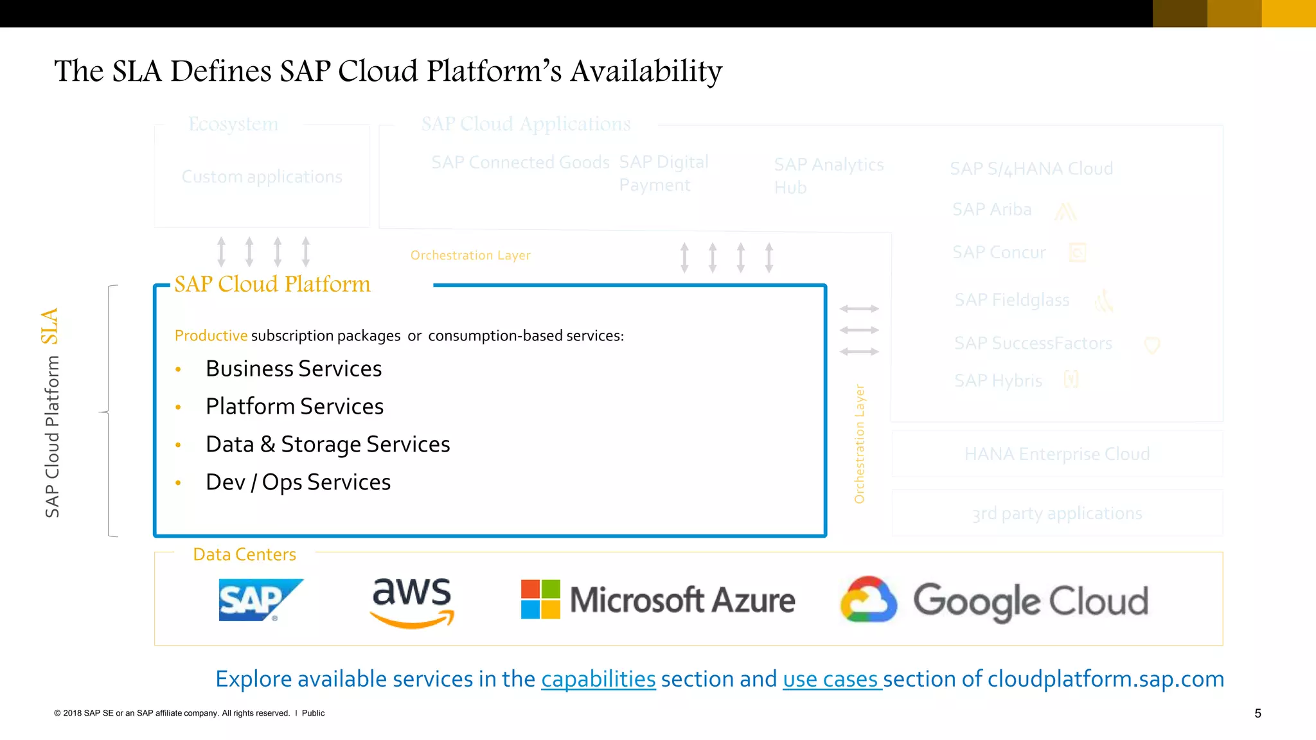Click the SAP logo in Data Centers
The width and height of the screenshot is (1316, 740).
coord(260,600)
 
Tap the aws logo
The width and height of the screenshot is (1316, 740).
coord(413,601)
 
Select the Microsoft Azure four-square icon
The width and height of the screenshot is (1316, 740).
coord(540,599)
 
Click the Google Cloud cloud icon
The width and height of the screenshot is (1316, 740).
coord(868,600)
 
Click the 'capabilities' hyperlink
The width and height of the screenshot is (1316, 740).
coord(598,679)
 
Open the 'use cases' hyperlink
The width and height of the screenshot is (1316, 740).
coord(831,679)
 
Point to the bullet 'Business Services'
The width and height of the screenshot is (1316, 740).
coord(294,369)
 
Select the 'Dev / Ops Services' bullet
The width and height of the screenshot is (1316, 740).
coord(298,482)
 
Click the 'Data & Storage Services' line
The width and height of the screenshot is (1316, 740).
coord(328,445)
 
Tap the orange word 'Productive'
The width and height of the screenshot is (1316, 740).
coord(211,336)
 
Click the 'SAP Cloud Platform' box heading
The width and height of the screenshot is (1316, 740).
coord(272,284)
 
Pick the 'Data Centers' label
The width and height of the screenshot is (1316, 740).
coord(244,554)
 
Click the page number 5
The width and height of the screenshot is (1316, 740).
coord(1258,714)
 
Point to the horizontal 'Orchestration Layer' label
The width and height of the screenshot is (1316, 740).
coord(470,256)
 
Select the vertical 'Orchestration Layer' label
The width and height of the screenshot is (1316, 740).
coord(860,444)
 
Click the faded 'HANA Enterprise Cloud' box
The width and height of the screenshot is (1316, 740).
coord(1056,454)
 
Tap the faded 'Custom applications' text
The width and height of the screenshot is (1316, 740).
coord(262,177)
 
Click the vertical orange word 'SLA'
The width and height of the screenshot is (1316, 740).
coord(50,326)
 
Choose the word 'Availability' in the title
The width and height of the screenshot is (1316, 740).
coord(646,71)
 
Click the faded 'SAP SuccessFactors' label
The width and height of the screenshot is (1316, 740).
coord(1033,344)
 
